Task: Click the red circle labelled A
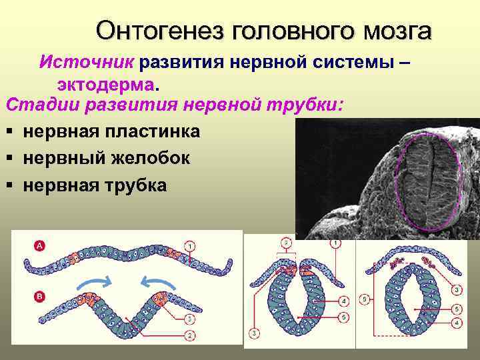tap(39, 246)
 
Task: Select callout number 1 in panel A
tap(191, 247)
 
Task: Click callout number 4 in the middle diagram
tap(343, 300)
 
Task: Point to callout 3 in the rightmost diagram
tap(455, 291)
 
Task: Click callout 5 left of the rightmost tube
tap(364, 299)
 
